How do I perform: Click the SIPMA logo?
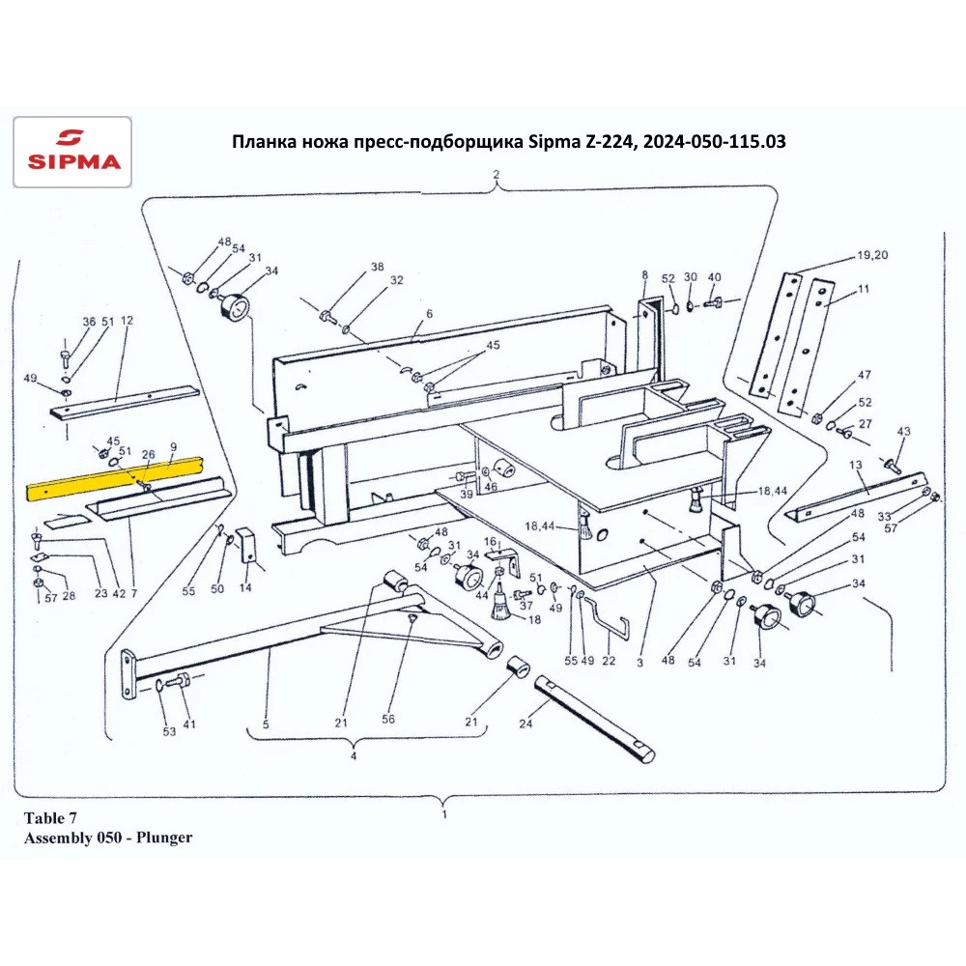[x=71, y=151]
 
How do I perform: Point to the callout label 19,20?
[x=871, y=256]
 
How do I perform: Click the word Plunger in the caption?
[x=163, y=838]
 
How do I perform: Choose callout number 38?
[x=377, y=267]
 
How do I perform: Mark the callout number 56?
[x=389, y=720]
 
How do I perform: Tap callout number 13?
[x=855, y=466]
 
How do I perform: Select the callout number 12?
[x=126, y=321]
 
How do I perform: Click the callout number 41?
[x=189, y=724]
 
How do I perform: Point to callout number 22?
[x=609, y=662]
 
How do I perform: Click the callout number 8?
[x=644, y=276]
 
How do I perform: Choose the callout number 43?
[x=904, y=431]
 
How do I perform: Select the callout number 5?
[x=265, y=724]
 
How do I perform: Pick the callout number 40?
[x=715, y=277]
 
